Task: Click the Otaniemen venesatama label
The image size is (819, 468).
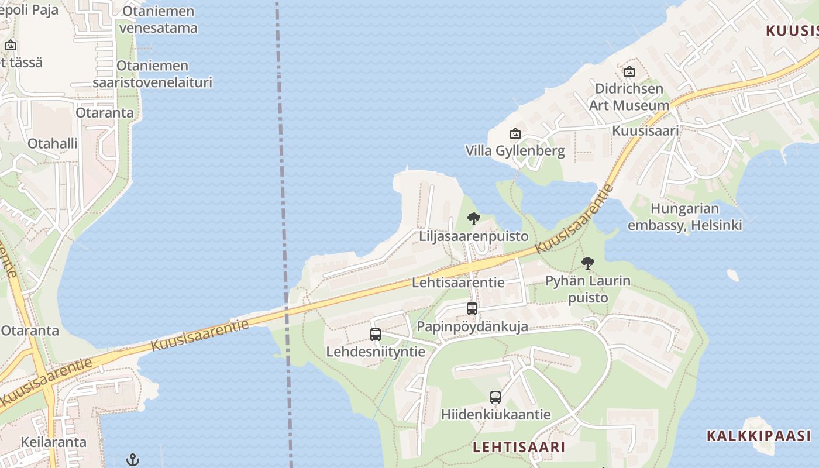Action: point(158,19)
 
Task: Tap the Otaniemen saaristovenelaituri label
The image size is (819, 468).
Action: point(152,74)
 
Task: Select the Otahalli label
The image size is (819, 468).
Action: point(53,143)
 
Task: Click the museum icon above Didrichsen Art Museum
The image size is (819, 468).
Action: point(629,71)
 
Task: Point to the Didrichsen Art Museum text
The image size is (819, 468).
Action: point(629,97)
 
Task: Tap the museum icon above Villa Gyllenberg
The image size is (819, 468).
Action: point(515,133)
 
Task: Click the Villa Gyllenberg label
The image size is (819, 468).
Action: point(515,151)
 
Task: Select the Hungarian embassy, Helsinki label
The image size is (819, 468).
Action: point(684,216)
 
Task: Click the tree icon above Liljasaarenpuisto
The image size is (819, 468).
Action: point(474,219)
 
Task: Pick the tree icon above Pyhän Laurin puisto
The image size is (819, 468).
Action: point(588,263)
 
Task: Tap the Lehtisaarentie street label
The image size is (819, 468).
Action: point(458,283)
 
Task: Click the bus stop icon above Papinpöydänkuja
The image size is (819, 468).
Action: point(472,308)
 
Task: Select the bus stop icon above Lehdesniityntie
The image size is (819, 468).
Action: point(376,335)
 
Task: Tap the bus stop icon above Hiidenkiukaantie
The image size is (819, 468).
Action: point(495,397)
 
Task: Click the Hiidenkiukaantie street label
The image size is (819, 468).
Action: point(495,415)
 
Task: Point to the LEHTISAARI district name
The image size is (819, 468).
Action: point(519,448)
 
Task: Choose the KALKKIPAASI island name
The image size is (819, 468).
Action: point(759,436)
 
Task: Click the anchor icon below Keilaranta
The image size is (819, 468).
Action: point(133,460)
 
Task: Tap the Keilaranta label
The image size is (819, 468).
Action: point(54,442)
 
